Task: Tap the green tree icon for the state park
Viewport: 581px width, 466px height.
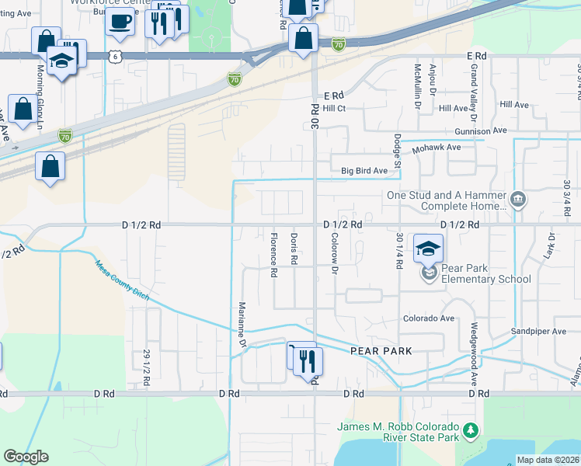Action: click(470, 430)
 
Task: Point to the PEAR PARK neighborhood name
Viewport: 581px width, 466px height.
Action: click(380, 351)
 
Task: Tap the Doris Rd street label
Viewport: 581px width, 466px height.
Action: click(294, 249)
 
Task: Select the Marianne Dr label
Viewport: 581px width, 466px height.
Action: click(242, 325)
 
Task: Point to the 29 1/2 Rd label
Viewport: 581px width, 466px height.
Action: click(145, 367)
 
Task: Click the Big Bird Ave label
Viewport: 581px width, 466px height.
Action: click(364, 171)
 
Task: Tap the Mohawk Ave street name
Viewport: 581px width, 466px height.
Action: click(437, 147)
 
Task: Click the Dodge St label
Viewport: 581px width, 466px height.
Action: click(396, 150)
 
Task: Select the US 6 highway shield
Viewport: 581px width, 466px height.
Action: click(115, 56)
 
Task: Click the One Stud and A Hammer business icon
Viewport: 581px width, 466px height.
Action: click(517, 201)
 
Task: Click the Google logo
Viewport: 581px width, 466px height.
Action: click(26, 457)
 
